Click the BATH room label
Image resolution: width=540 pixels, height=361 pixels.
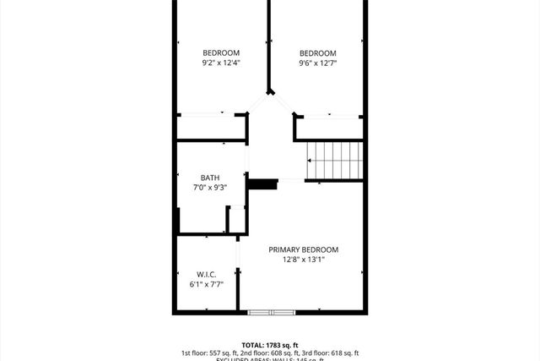coord(210,178)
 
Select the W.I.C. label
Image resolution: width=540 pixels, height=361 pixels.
coord(208,274)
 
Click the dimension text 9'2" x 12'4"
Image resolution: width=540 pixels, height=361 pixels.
coord(222,63)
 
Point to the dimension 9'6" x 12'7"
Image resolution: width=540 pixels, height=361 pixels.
coord(318,63)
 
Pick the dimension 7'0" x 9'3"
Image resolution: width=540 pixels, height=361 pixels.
coord(210,188)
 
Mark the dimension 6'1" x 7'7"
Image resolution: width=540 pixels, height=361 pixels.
coord(208,284)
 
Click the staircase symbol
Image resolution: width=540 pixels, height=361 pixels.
coord(334,160)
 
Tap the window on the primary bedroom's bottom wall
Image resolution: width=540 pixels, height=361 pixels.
coord(272,313)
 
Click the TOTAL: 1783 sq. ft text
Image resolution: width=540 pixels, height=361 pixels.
coord(270,345)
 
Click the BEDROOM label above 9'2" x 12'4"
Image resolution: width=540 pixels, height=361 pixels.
coord(222,52)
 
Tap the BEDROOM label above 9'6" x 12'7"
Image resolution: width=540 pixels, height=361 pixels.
coord(318,52)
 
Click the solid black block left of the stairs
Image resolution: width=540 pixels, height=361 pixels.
coord(263,183)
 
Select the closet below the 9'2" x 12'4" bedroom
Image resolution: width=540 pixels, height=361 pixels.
coord(210,125)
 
